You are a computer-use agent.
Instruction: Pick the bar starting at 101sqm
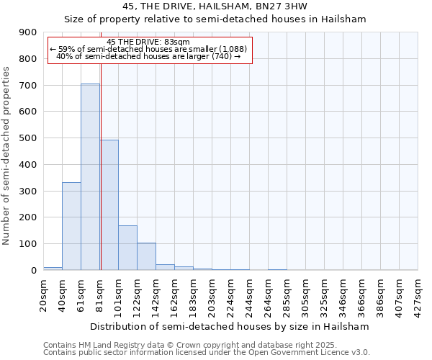coord(127,248)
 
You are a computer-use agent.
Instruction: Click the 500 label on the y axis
coord(28,138)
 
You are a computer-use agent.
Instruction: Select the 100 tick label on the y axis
coord(28,244)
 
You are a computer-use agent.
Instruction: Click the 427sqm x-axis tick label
coord(418,294)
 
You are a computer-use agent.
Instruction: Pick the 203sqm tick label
coord(212,294)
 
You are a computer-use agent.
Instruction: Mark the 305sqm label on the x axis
coord(306,294)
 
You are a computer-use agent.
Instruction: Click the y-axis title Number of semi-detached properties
coord(7,156)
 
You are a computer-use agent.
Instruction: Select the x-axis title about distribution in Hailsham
coord(230,326)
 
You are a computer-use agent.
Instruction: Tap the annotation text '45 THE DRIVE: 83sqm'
coord(148,42)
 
